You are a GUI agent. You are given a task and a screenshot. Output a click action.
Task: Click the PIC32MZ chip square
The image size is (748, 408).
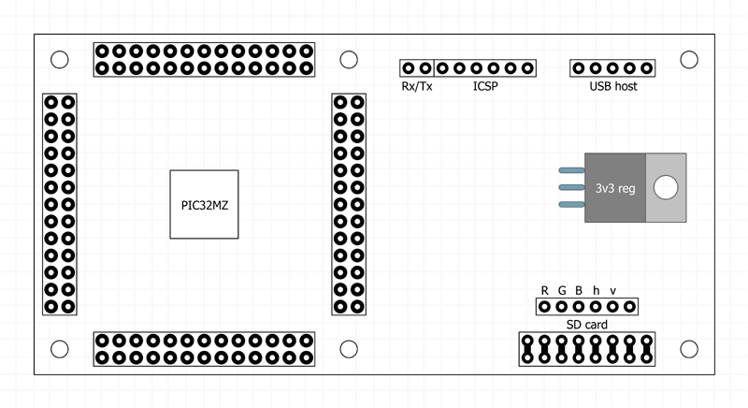[x=204, y=204]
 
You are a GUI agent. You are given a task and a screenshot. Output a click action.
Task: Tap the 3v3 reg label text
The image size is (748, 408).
[x=615, y=188]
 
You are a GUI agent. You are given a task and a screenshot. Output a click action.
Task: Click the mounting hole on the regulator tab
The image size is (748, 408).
[x=665, y=187]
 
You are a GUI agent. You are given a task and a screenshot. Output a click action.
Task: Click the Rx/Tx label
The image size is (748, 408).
[x=416, y=87]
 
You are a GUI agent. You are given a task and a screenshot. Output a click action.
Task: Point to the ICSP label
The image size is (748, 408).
[x=485, y=87]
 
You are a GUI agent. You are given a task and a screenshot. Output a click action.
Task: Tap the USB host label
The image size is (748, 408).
[x=612, y=87]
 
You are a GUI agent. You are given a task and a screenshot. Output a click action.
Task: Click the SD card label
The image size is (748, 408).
[x=587, y=325]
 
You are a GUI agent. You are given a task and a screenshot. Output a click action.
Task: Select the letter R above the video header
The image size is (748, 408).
[x=545, y=290]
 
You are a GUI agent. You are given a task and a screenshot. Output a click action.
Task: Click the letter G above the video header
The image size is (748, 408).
[x=562, y=290]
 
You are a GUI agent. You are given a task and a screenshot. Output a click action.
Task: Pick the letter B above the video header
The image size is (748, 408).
[x=579, y=290]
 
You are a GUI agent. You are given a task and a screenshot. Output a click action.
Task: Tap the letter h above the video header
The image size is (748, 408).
[x=596, y=290]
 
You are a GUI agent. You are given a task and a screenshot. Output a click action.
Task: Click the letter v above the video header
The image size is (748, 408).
[x=612, y=290]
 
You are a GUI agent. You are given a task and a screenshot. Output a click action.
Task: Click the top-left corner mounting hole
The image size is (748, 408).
[x=59, y=60]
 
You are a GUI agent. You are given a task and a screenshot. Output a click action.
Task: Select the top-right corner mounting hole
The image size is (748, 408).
[x=689, y=60]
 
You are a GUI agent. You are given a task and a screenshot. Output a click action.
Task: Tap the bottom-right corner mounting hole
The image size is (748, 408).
[x=689, y=349]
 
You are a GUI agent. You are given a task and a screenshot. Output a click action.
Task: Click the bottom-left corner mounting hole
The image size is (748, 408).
[x=59, y=349]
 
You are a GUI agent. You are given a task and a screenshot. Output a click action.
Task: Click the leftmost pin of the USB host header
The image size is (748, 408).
[x=579, y=68]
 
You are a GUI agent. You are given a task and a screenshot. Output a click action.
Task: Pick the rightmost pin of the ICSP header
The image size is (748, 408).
[x=527, y=68]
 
